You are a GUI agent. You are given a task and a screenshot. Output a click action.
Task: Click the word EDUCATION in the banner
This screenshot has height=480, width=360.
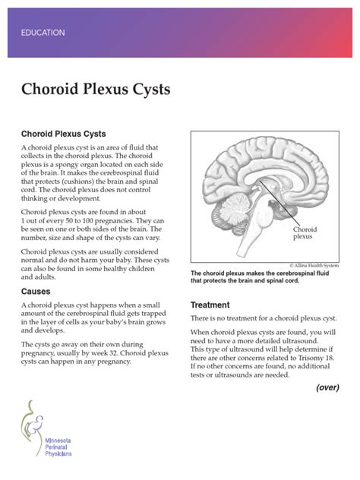[43, 33]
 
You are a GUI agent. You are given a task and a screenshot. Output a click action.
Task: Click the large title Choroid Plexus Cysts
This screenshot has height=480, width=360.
[96, 90]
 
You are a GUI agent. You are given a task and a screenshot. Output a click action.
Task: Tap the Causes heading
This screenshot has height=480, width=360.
[36, 291]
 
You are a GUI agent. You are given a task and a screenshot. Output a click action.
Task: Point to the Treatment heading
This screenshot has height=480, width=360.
[209, 305]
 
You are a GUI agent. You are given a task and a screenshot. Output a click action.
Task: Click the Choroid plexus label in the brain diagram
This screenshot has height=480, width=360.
[304, 232]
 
